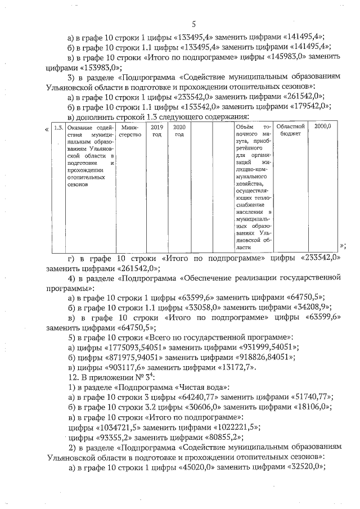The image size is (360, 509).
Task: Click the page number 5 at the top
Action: point(193,24)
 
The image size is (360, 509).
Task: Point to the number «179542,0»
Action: point(306,106)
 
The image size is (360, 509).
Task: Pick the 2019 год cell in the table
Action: point(157,131)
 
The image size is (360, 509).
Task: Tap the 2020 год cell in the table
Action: point(179,131)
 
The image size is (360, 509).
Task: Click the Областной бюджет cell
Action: point(291,131)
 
